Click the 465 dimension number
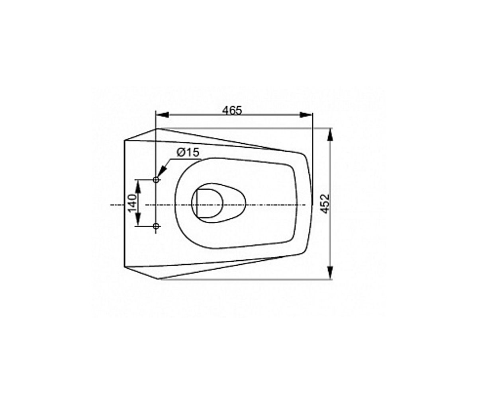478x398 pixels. tap(232, 111)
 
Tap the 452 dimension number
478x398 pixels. tap(325, 204)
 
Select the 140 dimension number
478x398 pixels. tap(132, 203)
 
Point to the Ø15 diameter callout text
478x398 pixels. tap(188, 152)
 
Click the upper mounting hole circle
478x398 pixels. tap(156, 180)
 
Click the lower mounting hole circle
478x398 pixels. tap(156, 226)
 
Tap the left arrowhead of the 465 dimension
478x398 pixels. tap(162, 115)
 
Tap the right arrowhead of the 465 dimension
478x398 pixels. tap(306, 115)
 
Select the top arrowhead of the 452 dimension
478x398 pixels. tap(330, 135)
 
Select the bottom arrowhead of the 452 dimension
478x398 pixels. tap(330, 272)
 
